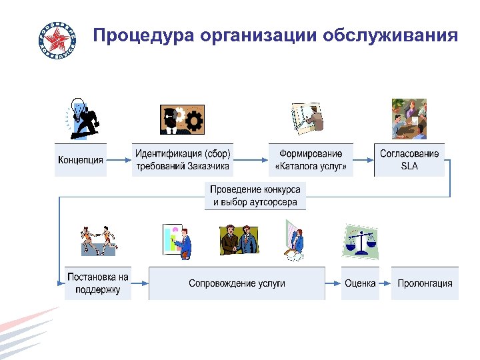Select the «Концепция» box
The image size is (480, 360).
(81, 160)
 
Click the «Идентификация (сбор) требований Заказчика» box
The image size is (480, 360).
(183, 160)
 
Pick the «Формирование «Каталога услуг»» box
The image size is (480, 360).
(311, 160)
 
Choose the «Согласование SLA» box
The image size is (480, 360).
(409, 160)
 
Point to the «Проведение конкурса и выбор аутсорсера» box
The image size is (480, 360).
(255, 196)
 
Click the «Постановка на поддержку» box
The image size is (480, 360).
(97, 283)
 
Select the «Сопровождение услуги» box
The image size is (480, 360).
(237, 283)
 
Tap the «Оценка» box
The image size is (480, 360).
(360, 283)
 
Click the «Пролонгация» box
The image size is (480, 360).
(425, 283)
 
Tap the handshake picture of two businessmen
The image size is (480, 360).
(239, 241)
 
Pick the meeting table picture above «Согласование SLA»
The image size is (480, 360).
(409, 119)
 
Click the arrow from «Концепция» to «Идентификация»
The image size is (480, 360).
(119, 160)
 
